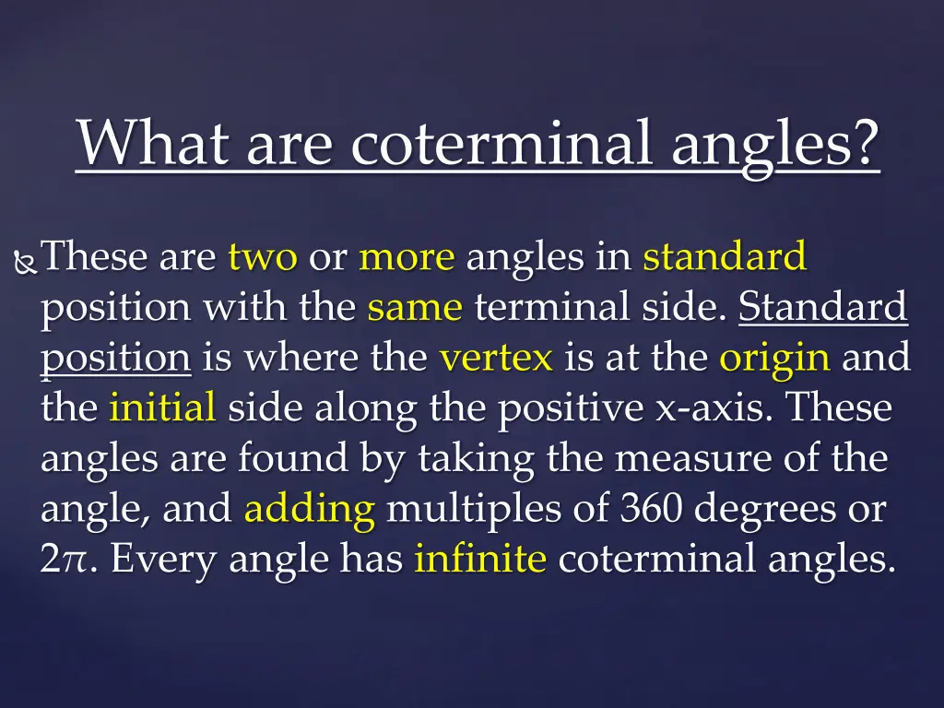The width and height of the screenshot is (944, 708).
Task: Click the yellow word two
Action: click(263, 257)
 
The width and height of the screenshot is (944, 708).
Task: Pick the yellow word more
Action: click(407, 257)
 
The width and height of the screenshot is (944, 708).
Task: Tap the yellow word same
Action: click(414, 306)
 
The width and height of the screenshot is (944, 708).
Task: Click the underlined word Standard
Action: click(823, 306)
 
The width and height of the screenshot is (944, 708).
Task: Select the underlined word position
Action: click(115, 358)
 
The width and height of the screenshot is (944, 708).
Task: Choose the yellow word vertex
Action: click(496, 357)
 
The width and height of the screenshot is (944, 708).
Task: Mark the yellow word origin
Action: click(774, 358)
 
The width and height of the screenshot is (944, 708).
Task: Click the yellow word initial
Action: click(162, 407)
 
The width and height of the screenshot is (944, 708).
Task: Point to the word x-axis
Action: click(706, 407)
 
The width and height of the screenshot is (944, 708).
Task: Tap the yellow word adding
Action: click(310, 509)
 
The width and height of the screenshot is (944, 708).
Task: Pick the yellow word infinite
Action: click(480, 558)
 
